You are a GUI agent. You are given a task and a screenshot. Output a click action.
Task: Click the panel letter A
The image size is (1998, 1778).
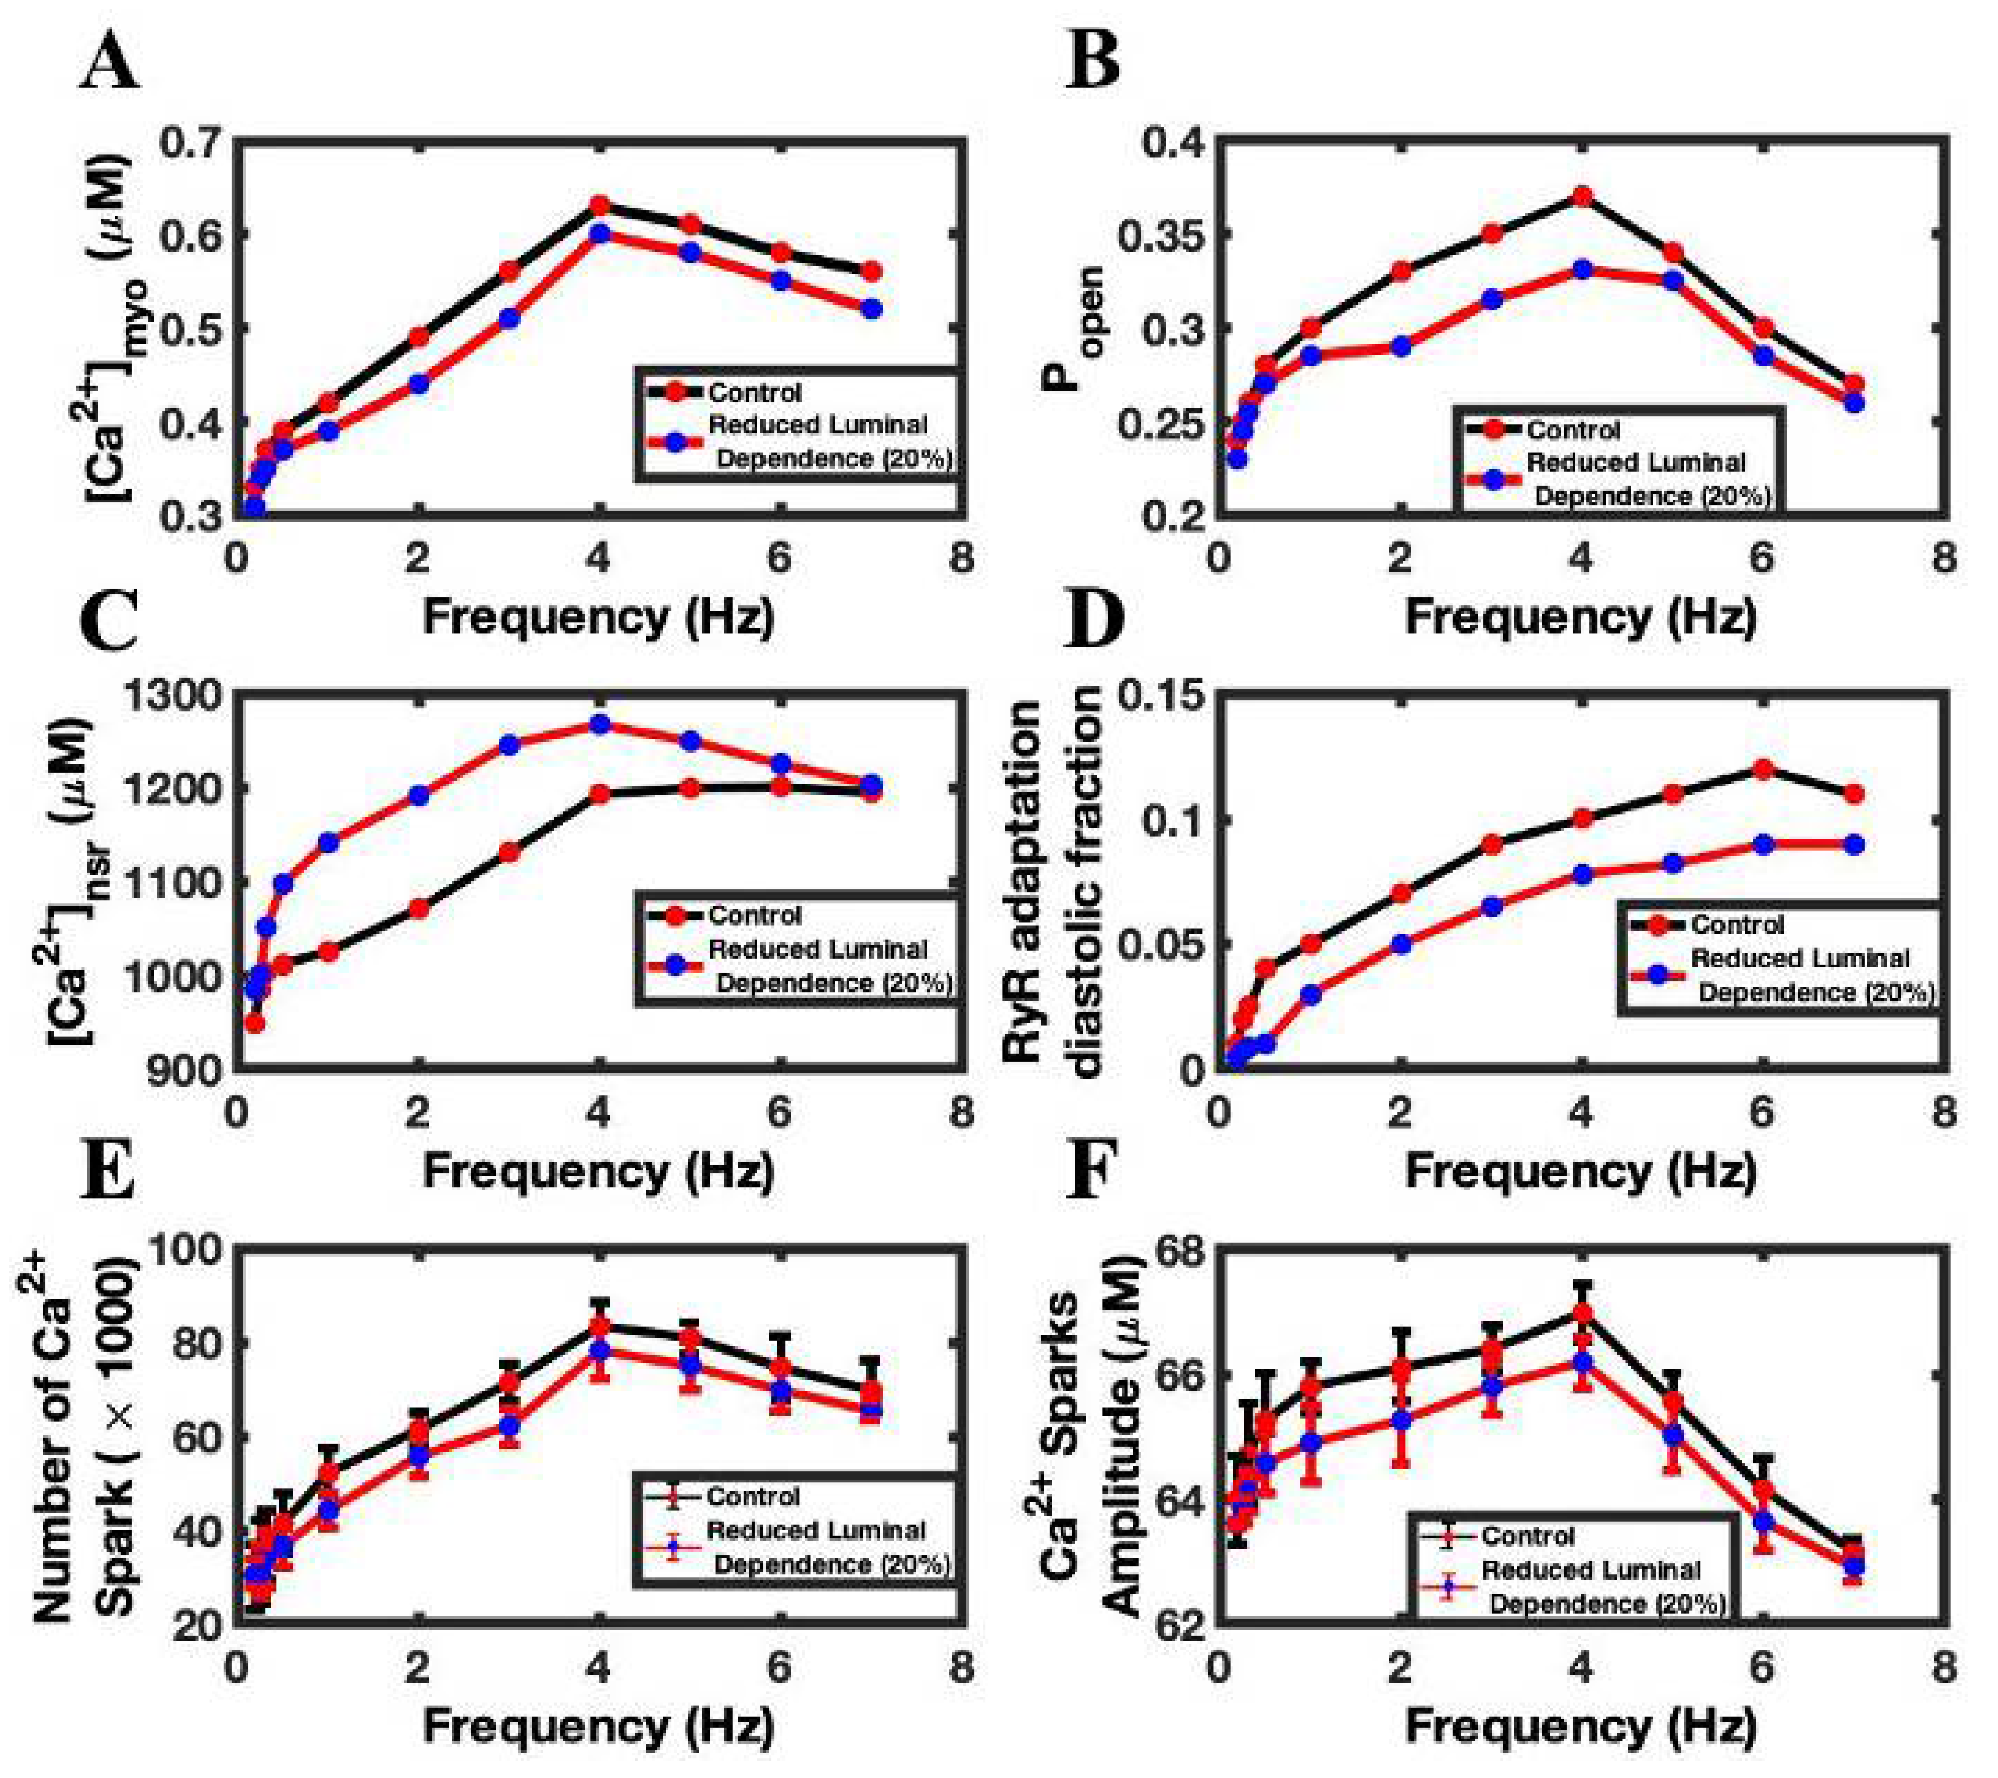[110, 66]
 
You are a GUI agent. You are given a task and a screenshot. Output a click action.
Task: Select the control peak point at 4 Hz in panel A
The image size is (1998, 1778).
[599, 206]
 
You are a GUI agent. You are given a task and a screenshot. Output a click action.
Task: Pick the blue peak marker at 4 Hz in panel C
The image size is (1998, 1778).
[599, 724]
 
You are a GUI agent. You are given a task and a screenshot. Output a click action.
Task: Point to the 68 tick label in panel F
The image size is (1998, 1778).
[1180, 1249]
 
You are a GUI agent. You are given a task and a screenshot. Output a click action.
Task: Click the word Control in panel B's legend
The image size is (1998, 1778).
[1573, 430]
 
